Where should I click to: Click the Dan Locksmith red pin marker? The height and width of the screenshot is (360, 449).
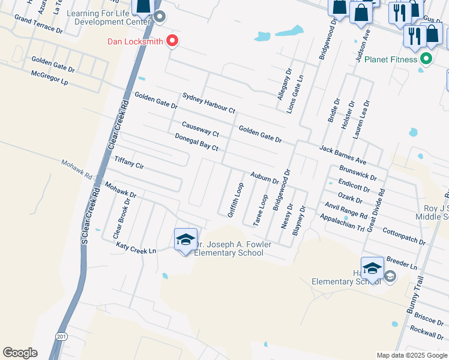tap(172, 41)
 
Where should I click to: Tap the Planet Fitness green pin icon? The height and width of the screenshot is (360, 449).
tap(426, 59)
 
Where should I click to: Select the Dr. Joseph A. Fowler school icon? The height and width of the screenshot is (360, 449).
tap(185, 240)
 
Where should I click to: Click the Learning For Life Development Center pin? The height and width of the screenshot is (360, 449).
tap(159, 16)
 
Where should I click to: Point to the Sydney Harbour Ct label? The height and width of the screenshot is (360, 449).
tap(209, 103)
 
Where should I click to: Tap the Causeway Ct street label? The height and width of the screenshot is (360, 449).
tap(200, 128)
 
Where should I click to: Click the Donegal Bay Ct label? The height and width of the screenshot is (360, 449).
tap(196, 142)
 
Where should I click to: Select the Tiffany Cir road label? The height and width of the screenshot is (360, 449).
tap(129, 163)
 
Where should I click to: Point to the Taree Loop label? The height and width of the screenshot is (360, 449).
tap(260, 210)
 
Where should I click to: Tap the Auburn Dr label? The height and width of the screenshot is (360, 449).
tap(265, 176)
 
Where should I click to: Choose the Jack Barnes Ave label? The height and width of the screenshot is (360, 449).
tap(343, 155)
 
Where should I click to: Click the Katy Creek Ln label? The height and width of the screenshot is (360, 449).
tap(136, 247)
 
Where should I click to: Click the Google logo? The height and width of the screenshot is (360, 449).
tap(20, 352)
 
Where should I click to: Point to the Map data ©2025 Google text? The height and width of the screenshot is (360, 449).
tap(411, 355)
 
